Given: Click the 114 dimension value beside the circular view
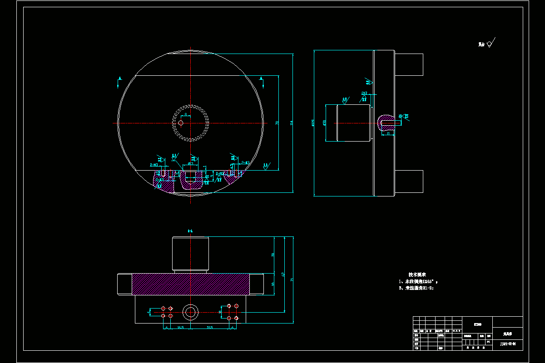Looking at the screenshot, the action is click(x=291, y=123).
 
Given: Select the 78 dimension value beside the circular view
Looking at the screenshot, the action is click(x=277, y=123).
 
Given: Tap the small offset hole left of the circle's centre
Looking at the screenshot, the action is click(x=181, y=123).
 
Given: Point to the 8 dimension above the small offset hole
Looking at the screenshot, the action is click(x=185, y=115).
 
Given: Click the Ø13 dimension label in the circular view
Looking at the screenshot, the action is click(x=190, y=163).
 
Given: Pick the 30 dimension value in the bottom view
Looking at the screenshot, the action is click(x=273, y=255).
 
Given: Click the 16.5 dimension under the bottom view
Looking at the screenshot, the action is click(x=180, y=327).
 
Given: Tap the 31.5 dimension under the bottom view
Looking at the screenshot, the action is click(x=209, y=327).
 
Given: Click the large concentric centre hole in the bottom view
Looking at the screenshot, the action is click(x=190, y=311).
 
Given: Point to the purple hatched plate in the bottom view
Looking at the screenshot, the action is click(x=191, y=284).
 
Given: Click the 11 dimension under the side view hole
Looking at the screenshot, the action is click(x=388, y=133).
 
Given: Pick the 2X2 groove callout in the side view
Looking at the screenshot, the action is click(x=364, y=93).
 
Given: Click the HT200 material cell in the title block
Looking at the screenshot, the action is click(x=477, y=324).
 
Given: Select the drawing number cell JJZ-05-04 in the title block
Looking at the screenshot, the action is click(x=507, y=344).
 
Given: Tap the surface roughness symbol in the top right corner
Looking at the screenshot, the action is click(x=490, y=44).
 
